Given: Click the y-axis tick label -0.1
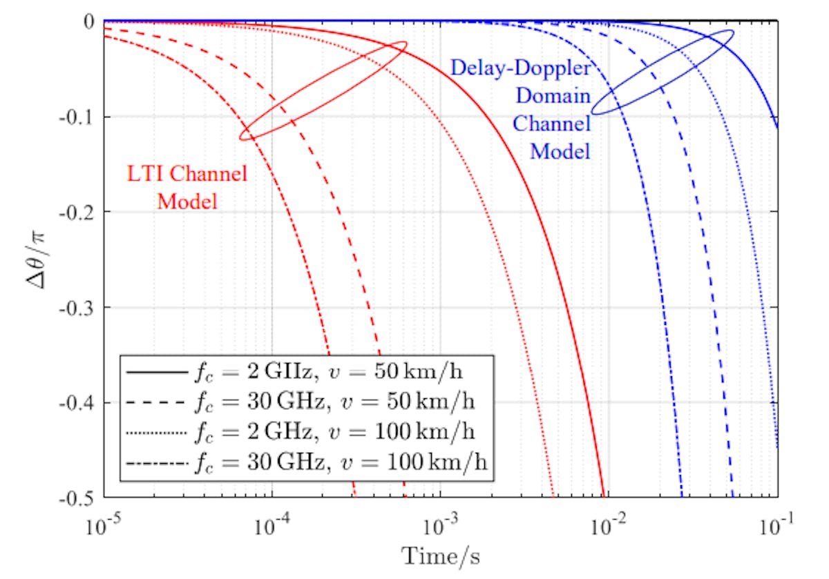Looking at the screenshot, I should click(77, 117).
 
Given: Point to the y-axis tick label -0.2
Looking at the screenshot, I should click(77, 212).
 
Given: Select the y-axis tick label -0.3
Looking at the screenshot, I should click(77, 307).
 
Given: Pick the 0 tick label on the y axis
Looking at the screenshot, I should click(88, 22).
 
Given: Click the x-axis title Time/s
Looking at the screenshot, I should click(441, 556).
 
